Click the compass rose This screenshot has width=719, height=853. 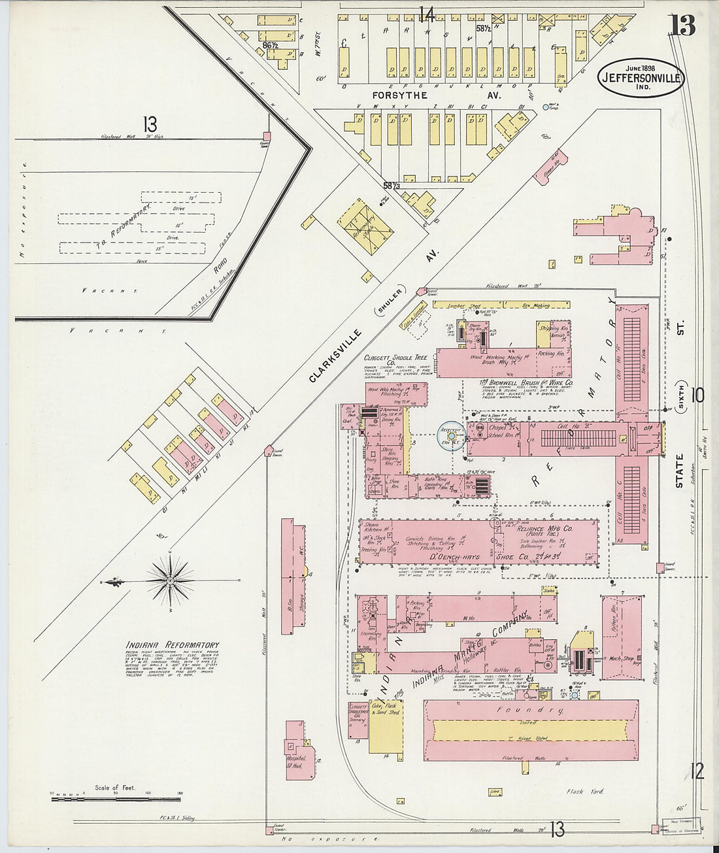click(170, 580)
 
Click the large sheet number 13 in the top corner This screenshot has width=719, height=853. click(682, 26)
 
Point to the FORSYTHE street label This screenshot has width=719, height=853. click(399, 95)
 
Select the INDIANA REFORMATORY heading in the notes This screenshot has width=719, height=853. click(173, 645)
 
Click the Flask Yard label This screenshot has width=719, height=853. click(586, 792)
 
